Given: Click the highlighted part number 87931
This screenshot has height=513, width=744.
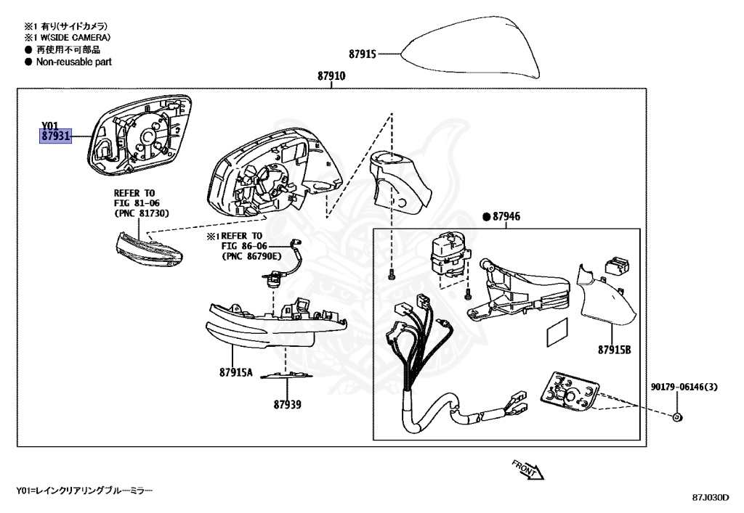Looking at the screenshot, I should coord(55,136).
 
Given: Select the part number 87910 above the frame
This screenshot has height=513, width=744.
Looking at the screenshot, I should coord(331,76).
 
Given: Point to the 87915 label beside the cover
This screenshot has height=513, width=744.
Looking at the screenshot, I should coord(362,54).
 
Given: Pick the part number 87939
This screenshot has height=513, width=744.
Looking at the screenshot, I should coord(287,404).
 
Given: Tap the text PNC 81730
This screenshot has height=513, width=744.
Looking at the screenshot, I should coord(142,215).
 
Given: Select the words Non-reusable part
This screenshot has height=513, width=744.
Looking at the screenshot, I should coord(73,62).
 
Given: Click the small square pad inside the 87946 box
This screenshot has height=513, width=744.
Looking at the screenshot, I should coord(557,335).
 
